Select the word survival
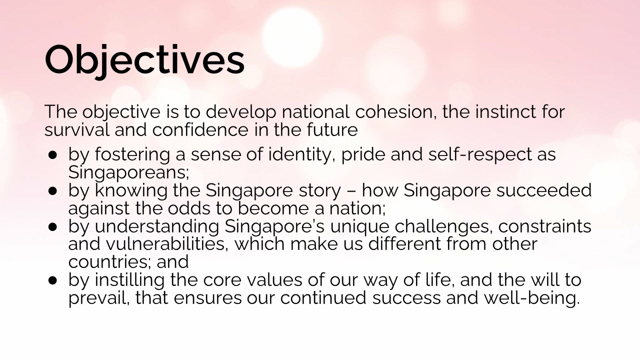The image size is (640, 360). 77,129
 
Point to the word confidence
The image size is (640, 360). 200,129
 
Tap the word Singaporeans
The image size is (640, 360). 128,172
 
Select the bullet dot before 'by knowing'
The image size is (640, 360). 53,191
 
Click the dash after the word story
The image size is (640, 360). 351,191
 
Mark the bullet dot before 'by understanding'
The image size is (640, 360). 53,227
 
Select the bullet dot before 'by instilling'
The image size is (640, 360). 53,281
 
